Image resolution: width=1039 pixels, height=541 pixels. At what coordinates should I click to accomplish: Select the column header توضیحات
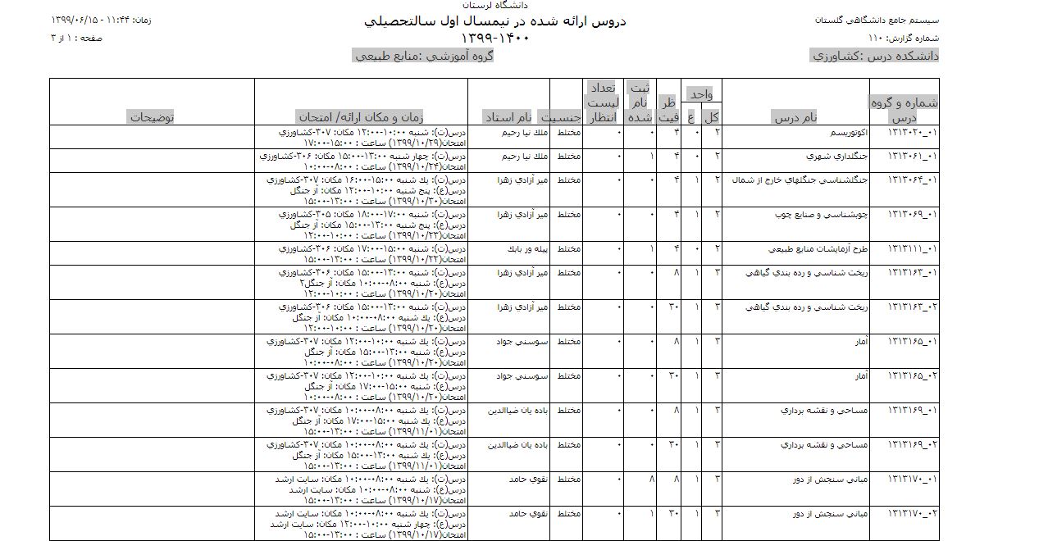pos(152,117)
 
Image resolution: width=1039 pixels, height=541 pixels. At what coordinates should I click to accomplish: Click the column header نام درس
pos(795,117)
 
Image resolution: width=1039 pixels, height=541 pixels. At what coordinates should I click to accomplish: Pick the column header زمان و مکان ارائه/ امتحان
pos(371,117)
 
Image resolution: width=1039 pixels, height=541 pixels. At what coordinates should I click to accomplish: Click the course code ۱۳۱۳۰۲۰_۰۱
pos(913,133)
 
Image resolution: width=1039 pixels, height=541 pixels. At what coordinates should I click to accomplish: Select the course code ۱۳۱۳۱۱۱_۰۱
pos(913,248)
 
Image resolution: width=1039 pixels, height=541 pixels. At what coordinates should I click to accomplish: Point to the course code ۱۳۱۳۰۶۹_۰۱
pos(913,214)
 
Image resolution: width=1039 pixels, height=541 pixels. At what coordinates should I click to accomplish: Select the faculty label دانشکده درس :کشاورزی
pos(874,56)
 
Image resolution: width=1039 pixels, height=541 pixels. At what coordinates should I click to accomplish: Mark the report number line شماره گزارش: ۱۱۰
pos(903,38)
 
